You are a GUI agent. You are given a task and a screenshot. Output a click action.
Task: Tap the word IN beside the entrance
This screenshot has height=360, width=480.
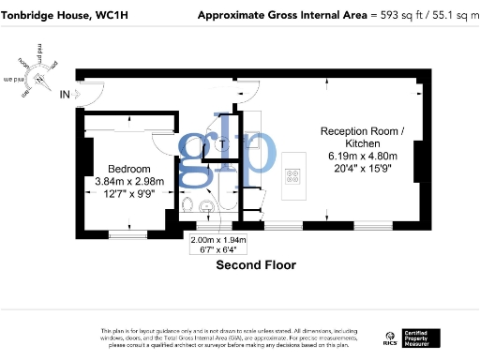(65, 94)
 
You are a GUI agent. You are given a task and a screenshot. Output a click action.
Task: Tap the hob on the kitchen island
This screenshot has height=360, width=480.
(292, 173)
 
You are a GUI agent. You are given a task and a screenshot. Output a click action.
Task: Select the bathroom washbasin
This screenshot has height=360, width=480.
(208, 208)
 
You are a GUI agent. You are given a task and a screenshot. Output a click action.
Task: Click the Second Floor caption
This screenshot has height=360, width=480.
(256, 265)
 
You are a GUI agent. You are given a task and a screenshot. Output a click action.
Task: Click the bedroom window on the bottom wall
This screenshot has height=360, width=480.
(125, 230)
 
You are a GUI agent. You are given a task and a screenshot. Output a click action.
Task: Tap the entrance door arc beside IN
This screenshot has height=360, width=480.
(91, 93)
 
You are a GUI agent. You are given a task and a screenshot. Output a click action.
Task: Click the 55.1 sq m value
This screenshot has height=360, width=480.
(450, 15)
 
